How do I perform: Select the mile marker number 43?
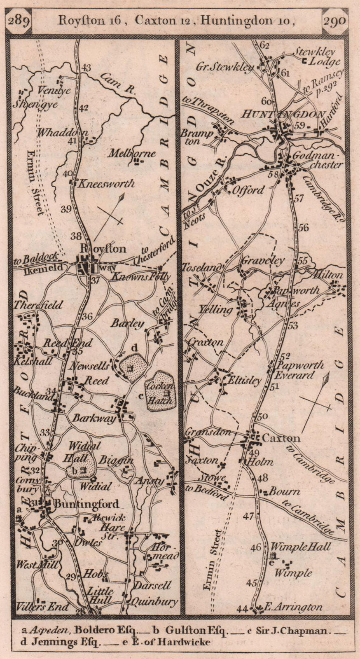86,68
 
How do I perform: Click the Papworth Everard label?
299,370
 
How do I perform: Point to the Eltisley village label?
244,380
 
